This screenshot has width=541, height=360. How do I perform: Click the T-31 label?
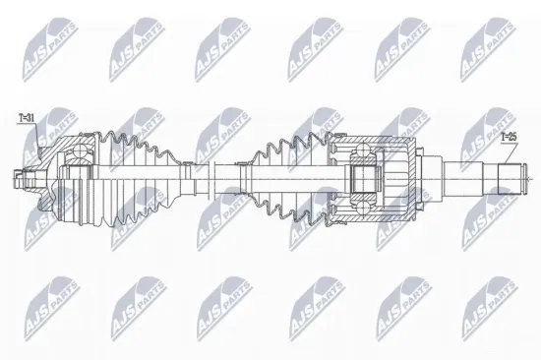coord(27,118)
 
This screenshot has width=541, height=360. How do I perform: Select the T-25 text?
coord(507,137)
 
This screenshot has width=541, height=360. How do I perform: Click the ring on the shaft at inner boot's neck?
coord(244,178)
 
